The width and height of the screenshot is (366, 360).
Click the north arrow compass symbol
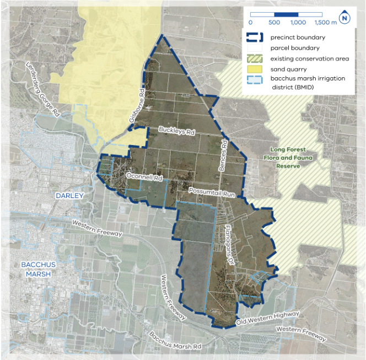345,18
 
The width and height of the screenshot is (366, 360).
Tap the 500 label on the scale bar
274,23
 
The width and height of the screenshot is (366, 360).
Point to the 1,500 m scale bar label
325,23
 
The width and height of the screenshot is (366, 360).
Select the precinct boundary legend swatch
257,38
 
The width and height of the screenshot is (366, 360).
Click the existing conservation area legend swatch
257,58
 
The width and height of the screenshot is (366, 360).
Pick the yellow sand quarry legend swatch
257,69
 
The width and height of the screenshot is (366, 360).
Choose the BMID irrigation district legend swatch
257,79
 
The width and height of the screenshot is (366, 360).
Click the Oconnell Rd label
144,177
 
